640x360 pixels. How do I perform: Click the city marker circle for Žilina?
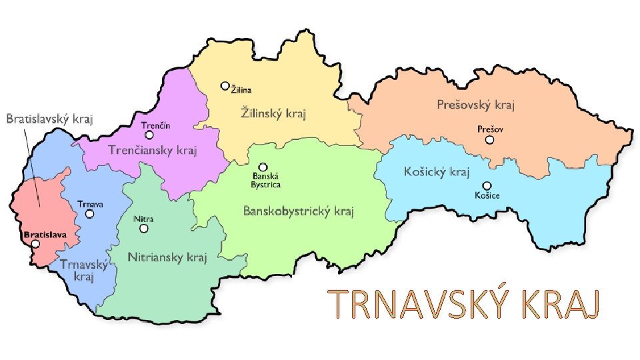point(225,86)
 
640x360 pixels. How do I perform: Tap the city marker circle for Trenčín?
point(149,135)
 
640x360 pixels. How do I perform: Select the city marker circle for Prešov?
point(490,140)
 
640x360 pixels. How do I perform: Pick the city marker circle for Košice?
point(487,185)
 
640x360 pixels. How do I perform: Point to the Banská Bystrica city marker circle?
point(263,167)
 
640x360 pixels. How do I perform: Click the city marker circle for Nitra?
point(143,229)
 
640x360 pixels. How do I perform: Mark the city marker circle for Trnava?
point(89,215)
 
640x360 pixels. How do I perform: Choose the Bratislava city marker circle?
point(35,244)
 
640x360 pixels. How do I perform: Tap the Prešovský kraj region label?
point(476,105)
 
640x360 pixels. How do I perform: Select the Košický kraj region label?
point(437,172)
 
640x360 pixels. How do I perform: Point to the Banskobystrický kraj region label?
point(298,212)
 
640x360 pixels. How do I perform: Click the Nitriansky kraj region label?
point(167,257)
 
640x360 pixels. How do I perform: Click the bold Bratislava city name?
point(45,235)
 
